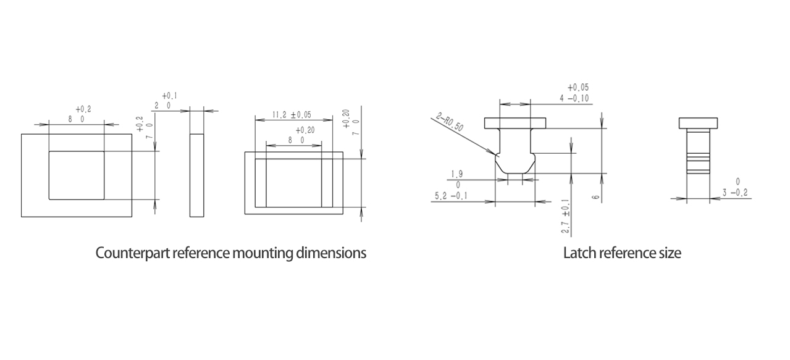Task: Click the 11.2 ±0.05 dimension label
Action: click(x=292, y=115)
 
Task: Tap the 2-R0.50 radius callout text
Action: click(x=450, y=122)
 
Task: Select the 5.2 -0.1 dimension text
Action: click(x=451, y=196)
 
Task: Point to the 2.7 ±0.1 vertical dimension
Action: click(x=565, y=216)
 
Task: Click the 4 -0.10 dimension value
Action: click(x=574, y=98)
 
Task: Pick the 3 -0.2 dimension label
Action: click(x=734, y=193)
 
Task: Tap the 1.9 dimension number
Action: click(x=456, y=174)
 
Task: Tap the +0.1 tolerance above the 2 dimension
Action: click(x=170, y=96)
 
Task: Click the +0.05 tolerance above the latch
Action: click(x=578, y=87)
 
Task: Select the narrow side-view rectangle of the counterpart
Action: click(x=197, y=175)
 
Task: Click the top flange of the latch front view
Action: click(x=515, y=123)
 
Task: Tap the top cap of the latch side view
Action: click(x=698, y=123)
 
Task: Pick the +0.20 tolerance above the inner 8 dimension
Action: click(x=305, y=130)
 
